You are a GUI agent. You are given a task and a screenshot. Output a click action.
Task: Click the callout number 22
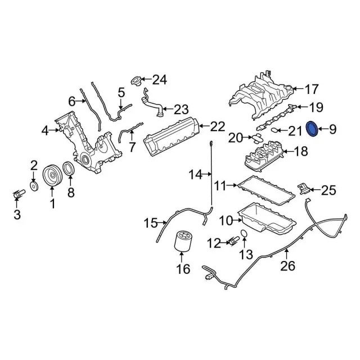pos(218,127)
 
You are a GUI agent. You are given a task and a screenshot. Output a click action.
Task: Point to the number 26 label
pos(287,266)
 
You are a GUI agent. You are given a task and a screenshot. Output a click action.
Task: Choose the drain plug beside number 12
pos(231,242)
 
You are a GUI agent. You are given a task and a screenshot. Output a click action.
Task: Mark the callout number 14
pos(195,175)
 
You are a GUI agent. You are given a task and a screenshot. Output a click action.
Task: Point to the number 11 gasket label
pos(221,184)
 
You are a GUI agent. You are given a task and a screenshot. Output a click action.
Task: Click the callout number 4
pos(45,132)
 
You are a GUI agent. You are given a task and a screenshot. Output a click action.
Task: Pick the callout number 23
pos(181,108)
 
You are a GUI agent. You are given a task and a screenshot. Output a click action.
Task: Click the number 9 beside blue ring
pos(332,130)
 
